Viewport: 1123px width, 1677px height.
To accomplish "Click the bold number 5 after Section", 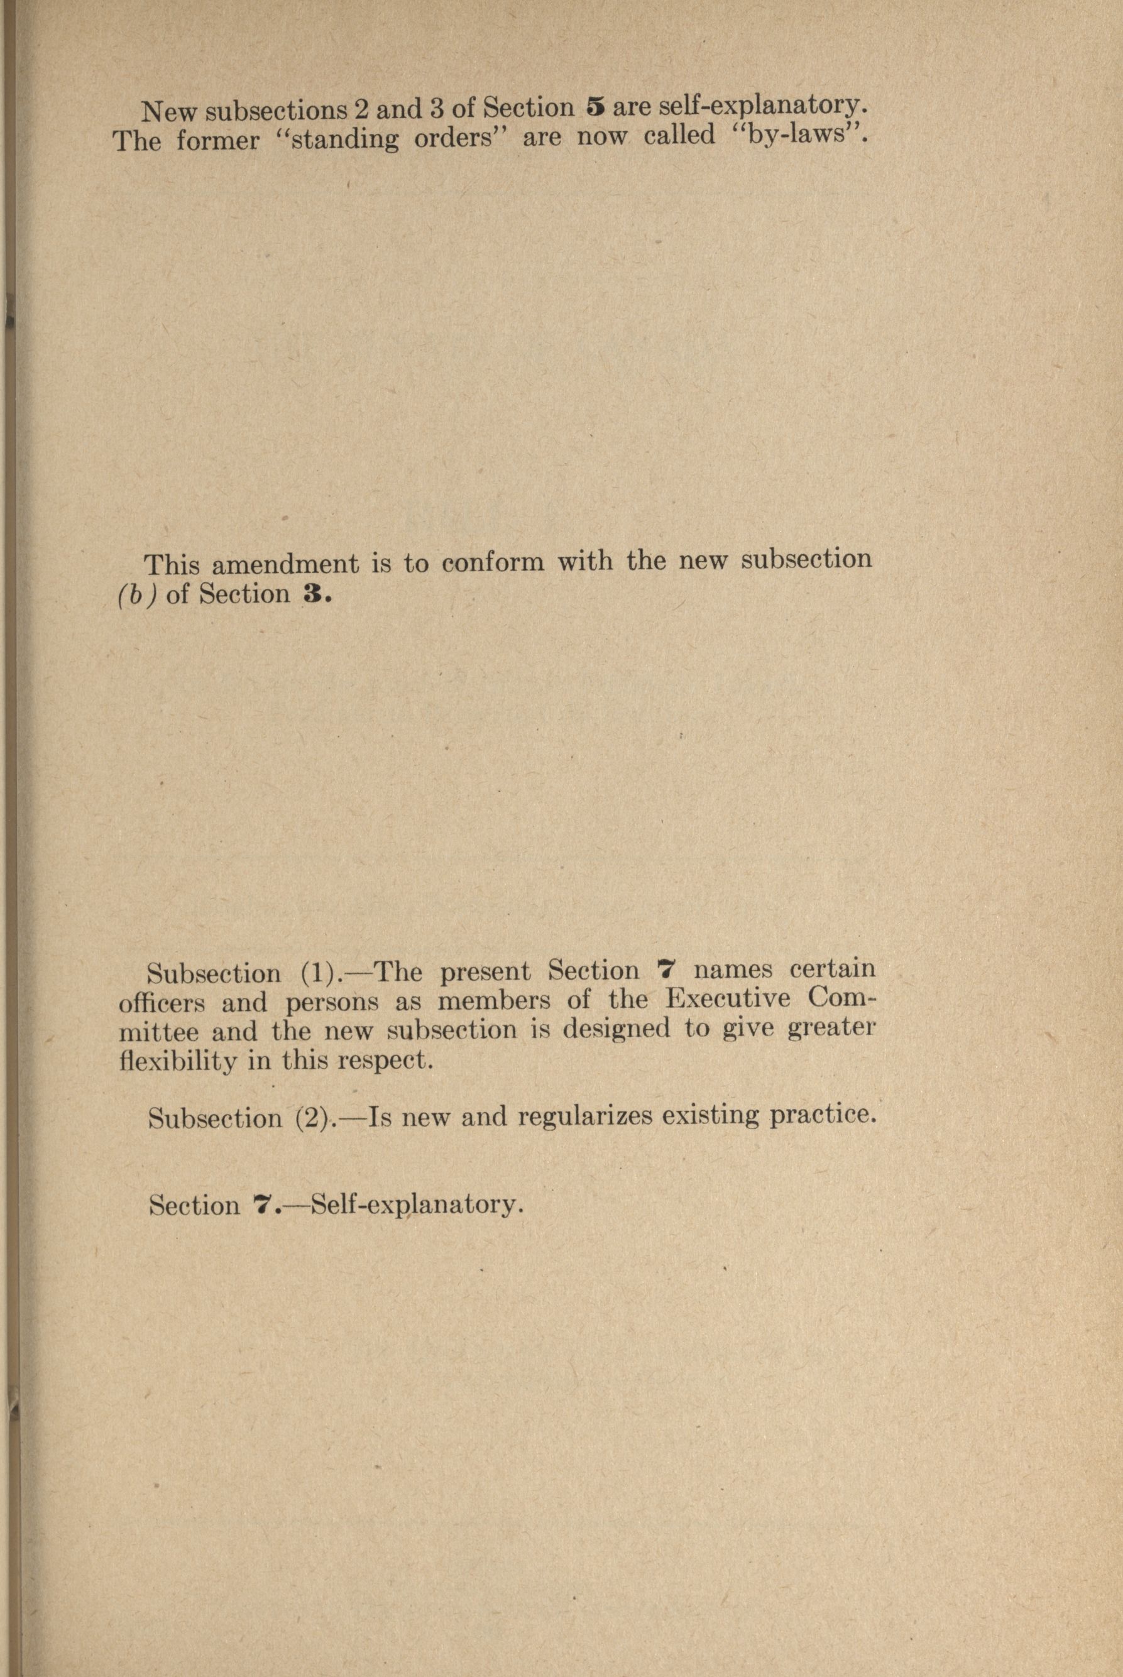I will pos(596,107).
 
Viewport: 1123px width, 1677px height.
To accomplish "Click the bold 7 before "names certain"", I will pos(667,971).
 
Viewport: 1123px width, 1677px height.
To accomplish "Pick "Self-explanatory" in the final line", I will pos(414,1205).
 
